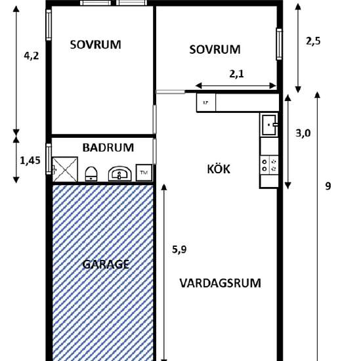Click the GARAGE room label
point(106,265)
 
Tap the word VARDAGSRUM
point(220,283)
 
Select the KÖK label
point(219,169)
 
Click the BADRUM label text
point(108,148)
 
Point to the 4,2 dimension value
point(32,56)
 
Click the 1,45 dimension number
point(30,160)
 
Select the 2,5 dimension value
point(313,41)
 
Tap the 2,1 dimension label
point(236,74)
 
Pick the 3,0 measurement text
point(303,133)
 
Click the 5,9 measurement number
point(179,249)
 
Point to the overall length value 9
point(328,186)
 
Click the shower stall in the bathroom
point(65,169)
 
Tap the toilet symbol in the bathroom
point(91,174)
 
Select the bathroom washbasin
point(119,173)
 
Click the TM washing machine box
point(144,173)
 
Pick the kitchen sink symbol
point(269,125)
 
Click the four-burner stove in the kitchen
point(269,165)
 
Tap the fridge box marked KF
point(206,102)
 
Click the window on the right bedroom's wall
point(279,44)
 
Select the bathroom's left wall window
point(49,159)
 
